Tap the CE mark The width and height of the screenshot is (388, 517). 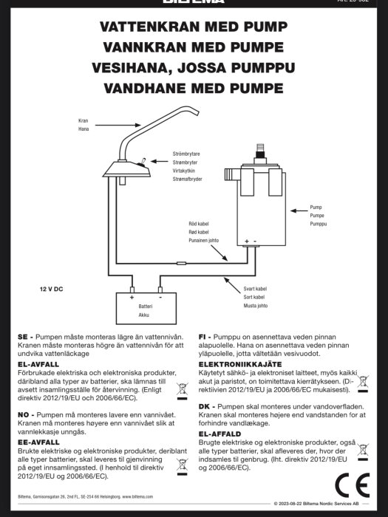[351, 484]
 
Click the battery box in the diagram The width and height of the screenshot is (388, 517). [146, 309]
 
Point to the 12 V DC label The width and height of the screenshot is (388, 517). [51, 289]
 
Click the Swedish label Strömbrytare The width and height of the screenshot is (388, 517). [187, 153]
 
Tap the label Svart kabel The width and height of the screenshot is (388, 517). [255, 287]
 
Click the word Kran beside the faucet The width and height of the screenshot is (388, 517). [83, 120]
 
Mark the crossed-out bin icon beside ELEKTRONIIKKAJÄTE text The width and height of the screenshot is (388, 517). [363, 383]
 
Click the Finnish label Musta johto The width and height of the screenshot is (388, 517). [255, 305]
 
